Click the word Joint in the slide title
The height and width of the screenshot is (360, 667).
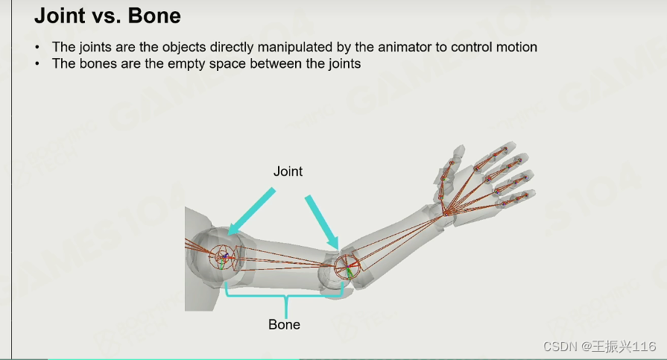pyautogui.click(x=60, y=16)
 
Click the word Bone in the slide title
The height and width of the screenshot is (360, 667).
pyautogui.click(x=154, y=16)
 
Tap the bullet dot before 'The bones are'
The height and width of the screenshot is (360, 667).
pyautogui.click(x=38, y=64)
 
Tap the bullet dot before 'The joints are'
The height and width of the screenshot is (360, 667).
pyautogui.click(x=38, y=47)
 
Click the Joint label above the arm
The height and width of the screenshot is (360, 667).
pyautogui.click(x=288, y=171)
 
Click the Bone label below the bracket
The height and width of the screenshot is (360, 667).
pyautogui.click(x=284, y=325)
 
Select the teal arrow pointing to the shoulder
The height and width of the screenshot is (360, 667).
pyautogui.click(x=251, y=212)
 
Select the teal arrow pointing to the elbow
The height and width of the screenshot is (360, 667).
pyautogui.click(x=322, y=222)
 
